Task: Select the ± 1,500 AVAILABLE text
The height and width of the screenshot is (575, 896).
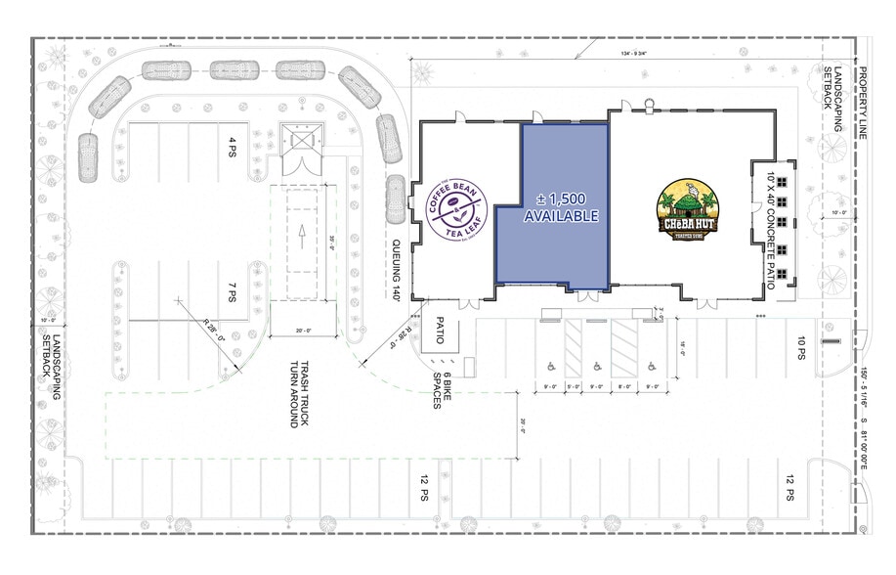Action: pos(561,208)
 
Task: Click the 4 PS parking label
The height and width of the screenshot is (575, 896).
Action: pos(233,148)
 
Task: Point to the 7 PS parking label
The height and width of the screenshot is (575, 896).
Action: pos(233,291)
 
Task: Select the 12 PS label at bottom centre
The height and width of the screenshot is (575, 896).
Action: pos(424,487)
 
